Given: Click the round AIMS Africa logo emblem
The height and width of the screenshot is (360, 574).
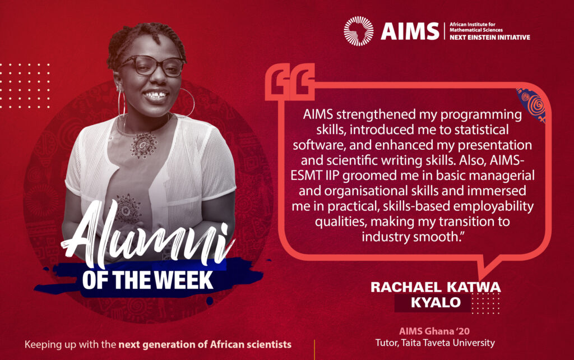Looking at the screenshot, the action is point(359,31).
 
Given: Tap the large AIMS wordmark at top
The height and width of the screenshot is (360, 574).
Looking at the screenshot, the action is point(410,31).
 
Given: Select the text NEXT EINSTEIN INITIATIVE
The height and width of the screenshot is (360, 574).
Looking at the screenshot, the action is point(490,38).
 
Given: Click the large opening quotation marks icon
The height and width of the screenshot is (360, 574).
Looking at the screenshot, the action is point(290,82).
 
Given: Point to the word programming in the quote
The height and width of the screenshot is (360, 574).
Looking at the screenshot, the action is point(481,115).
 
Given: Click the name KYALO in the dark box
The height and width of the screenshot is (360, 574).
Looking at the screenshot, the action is point(436,302).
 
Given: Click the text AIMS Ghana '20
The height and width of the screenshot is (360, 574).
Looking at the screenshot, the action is point(434,331).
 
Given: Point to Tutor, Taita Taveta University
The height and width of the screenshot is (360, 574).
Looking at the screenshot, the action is point(435,343).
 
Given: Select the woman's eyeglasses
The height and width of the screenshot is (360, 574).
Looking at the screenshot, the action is point(152,66).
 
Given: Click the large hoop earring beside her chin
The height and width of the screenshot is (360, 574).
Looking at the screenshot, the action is point(186,103).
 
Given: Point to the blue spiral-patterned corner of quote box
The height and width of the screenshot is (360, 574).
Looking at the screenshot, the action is point(531,104).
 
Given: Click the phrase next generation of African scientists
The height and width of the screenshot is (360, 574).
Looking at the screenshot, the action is point(205,345).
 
